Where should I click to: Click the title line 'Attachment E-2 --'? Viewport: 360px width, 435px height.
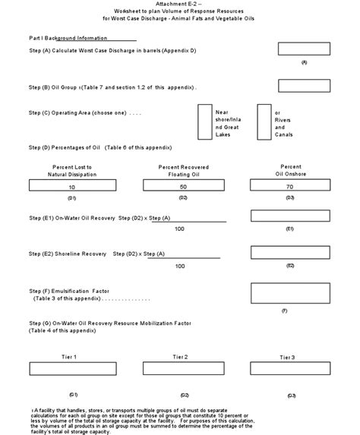click(179, 5)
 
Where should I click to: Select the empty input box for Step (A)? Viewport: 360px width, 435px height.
click(303, 49)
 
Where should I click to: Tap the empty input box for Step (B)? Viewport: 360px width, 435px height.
click(303, 85)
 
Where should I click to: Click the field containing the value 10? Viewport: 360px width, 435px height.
click(72, 185)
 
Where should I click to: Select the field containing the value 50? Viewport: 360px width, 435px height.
click(183, 185)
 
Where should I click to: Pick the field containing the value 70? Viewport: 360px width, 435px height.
click(289, 184)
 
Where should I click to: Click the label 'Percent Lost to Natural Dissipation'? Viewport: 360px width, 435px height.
click(72, 170)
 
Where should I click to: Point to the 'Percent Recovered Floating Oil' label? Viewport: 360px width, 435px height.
click(183, 170)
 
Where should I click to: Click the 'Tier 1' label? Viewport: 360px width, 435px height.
click(69, 356)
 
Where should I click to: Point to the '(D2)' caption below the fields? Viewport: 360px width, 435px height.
click(183, 197)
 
